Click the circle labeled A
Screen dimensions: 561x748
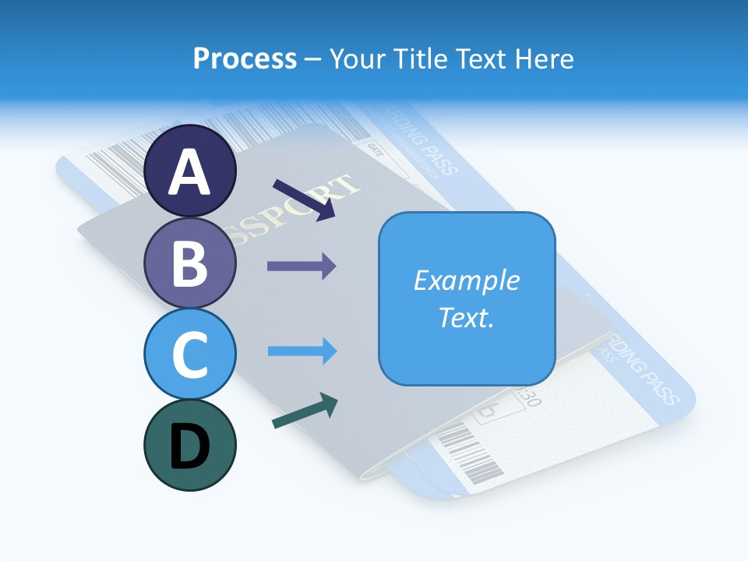190,171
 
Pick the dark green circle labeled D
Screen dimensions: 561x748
190,445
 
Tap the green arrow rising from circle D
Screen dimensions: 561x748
305,411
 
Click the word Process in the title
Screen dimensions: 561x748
245,58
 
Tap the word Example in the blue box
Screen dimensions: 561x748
467,280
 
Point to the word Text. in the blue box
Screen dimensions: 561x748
467,317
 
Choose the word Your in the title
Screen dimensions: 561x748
356,58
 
